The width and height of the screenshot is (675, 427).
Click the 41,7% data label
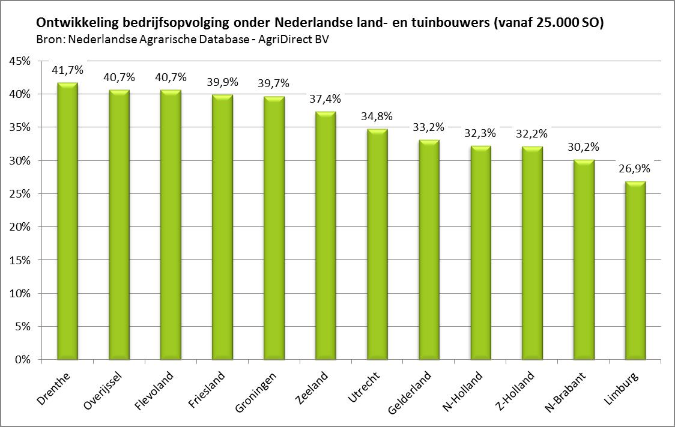point(67,70)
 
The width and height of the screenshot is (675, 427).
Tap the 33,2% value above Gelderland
point(429,127)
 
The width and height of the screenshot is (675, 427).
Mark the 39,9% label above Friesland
point(223,82)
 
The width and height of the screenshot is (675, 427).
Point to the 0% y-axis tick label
point(24,360)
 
